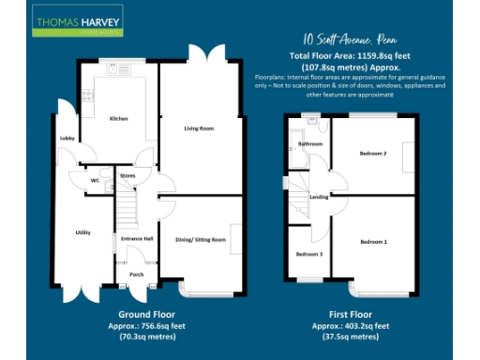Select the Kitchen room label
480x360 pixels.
[x=118, y=119]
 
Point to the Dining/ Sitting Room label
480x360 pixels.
[x=201, y=240]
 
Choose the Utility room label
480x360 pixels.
[x=82, y=232]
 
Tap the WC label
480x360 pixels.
[x=95, y=180]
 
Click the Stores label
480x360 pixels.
[x=127, y=174]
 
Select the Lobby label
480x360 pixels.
[x=67, y=139]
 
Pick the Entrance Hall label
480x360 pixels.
[x=137, y=239]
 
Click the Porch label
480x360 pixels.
[x=136, y=275]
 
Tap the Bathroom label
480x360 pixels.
[x=309, y=144]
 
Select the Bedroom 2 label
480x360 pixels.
[x=373, y=154]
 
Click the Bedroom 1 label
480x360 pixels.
[x=373, y=243]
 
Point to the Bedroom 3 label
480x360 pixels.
[x=309, y=254]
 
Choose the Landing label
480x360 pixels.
[x=319, y=197]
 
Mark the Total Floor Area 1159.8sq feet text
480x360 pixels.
[x=349, y=58]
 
